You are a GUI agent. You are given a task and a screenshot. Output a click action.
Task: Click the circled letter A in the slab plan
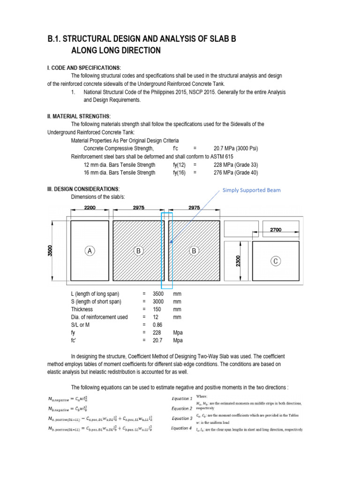[x=90, y=251]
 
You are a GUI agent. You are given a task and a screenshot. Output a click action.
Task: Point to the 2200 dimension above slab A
[x=90, y=207]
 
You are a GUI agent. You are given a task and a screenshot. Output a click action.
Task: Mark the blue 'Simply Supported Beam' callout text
[x=251, y=190]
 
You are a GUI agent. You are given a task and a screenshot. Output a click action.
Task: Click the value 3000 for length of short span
[x=158, y=301]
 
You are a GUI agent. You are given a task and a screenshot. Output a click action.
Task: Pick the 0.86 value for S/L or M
[x=157, y=324]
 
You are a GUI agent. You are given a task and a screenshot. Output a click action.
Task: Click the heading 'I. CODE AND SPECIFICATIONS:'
[x=84, y=68]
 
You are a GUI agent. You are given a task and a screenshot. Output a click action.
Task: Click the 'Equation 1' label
[x=181, y=399]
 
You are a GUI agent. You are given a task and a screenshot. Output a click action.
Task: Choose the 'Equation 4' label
[x=181, y=428]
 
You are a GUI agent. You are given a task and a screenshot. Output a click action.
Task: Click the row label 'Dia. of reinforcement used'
[x=99, y=317]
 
